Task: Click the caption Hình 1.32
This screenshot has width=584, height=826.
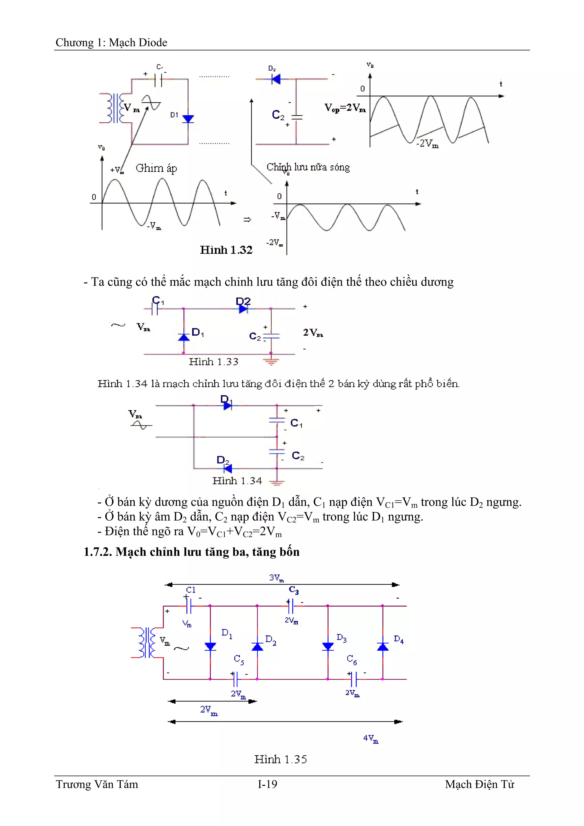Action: [226, 250]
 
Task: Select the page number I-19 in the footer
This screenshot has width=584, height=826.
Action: [267, 784]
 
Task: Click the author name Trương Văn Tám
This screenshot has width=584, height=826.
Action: [97, 784]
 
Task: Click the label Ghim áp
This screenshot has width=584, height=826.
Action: [156, 168]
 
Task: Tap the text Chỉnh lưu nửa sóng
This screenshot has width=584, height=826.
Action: [308, 167]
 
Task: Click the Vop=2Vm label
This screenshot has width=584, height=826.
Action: [345, 107]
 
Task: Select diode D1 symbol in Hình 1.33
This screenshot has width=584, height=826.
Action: [184, 337]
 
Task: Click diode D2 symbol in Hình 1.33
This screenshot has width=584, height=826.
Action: [243, 309]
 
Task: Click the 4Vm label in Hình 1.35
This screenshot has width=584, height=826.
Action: [371, 738]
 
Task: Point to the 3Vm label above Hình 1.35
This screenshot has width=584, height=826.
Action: [276, 578]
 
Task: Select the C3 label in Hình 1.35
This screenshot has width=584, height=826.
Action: [294, 590]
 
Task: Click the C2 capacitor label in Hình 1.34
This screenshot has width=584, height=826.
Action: [298, 456]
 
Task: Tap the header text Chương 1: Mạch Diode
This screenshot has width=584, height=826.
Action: [111, 42]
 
